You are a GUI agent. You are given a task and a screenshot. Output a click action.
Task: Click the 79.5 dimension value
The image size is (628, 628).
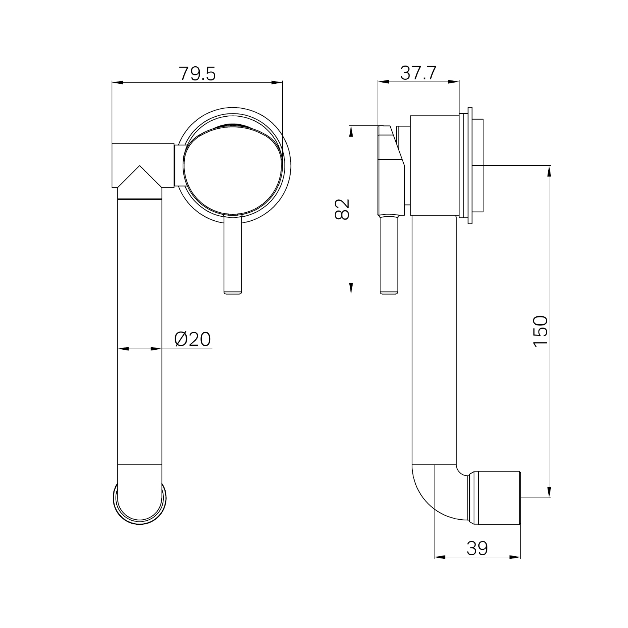(197, 74)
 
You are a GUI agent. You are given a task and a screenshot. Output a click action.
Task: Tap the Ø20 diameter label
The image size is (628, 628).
(192, 339)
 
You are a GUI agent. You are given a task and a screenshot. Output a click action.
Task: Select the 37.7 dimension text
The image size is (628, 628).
(418, 74)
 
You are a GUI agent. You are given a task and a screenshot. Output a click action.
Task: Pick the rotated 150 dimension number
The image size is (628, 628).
(541, 332)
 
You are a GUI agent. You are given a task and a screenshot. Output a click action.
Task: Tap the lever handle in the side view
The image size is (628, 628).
(389, 254)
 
